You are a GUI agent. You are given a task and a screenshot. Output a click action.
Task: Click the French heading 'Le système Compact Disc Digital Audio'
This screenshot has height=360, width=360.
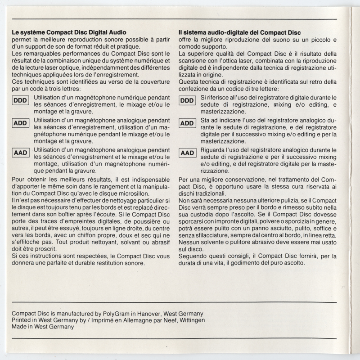[69, 32]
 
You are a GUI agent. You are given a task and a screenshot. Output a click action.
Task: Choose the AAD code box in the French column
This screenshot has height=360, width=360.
[20, 153]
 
